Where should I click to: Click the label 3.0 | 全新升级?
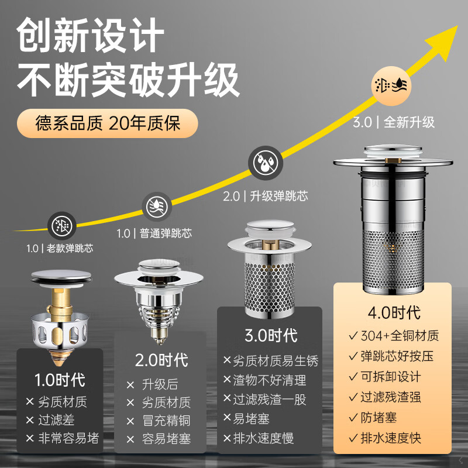point(394,122)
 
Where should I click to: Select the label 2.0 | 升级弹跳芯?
point(265,195)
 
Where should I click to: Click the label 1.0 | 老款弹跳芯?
point(60,248)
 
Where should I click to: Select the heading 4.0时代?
point(393,312)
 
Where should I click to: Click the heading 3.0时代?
point(270,335)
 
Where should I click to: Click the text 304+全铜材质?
point(399,336)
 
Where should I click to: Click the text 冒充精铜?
point(166,421)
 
